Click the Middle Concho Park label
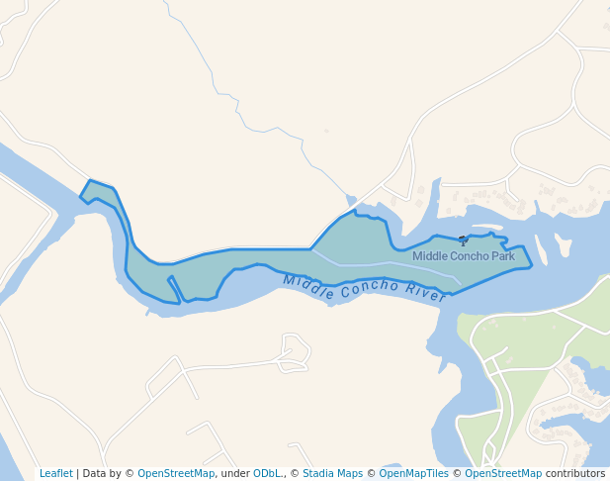pos(464,256)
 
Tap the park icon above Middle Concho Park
pos(463,240)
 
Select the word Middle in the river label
pos(304,284)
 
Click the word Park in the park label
pos(503,256)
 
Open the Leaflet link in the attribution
pos(56,473)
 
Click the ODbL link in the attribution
pos(267,473)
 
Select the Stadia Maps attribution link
pos(332,473)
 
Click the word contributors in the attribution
pos(575,473)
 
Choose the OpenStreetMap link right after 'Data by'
pos(176,473)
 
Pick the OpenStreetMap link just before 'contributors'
pos(502,473)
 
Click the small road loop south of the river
pos(296,351)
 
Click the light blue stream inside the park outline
pos(386,264)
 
